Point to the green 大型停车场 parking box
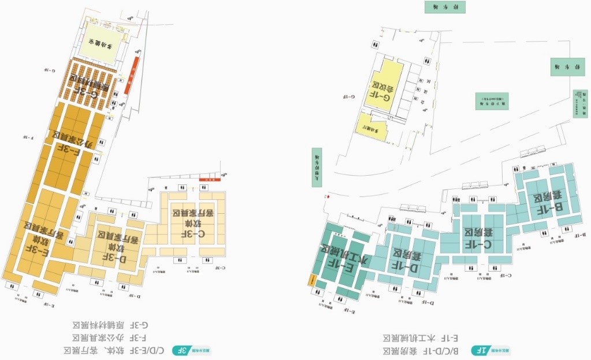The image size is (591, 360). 317,168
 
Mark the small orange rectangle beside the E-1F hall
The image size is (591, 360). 311,280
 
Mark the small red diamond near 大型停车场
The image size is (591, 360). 328,198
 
